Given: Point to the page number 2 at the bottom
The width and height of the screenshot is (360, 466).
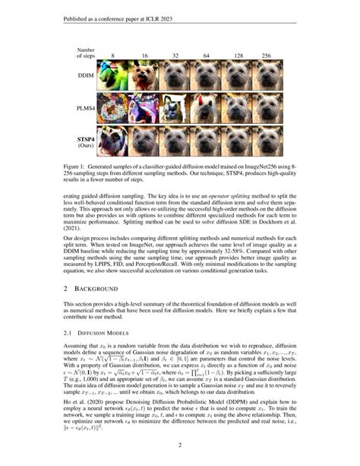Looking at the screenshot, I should click(x=180, y=445).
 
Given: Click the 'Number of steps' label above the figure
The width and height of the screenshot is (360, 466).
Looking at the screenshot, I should click(x=84, y=53).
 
